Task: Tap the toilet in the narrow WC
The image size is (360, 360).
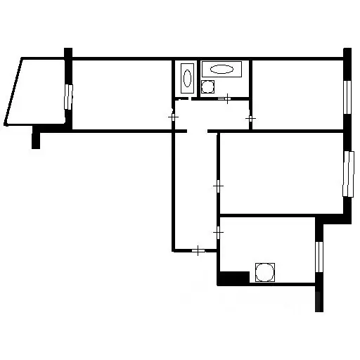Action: coord(186,77)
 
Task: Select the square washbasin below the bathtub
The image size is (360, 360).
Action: coord(208,87)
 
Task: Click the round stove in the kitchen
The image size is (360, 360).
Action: coord(265,272)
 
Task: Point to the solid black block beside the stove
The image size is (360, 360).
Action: coord(234,278)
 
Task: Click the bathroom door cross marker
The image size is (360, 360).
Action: coord(227,98)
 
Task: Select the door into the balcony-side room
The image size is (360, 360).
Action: coord(174,117)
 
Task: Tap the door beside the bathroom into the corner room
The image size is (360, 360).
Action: coord(250,120)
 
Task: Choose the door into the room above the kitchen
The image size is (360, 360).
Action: coord(218,186)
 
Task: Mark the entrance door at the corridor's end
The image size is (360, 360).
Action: coord(199,249)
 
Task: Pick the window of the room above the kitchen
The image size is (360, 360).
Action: coord(347,174)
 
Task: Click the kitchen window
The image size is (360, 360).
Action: coord(319,260)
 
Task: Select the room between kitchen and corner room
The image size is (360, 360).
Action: coord(281,172)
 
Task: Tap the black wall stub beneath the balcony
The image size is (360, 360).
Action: coord(37,139)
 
